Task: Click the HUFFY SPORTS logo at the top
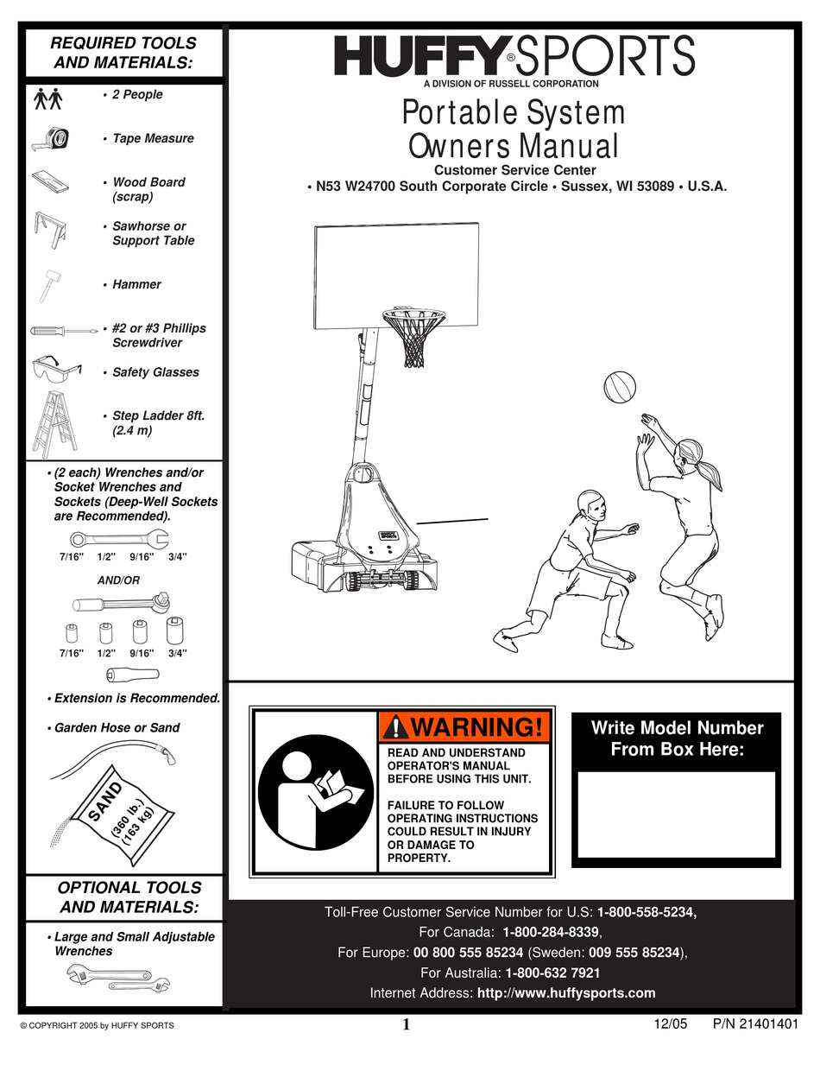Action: [x=514, y=57]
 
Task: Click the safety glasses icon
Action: [x=54, y=371]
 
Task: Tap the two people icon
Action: [x=48, y=98]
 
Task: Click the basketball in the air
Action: [x=620, y=386]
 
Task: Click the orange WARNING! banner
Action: [x=464, y=726]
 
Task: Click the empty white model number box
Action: [x=676, y=814]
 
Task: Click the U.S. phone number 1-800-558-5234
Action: [x=647, y=911]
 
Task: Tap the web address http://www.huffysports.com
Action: [x=566, y=992]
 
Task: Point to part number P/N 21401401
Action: [x=750, y=1024]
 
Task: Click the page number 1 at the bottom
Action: [x=406, y=1025]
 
